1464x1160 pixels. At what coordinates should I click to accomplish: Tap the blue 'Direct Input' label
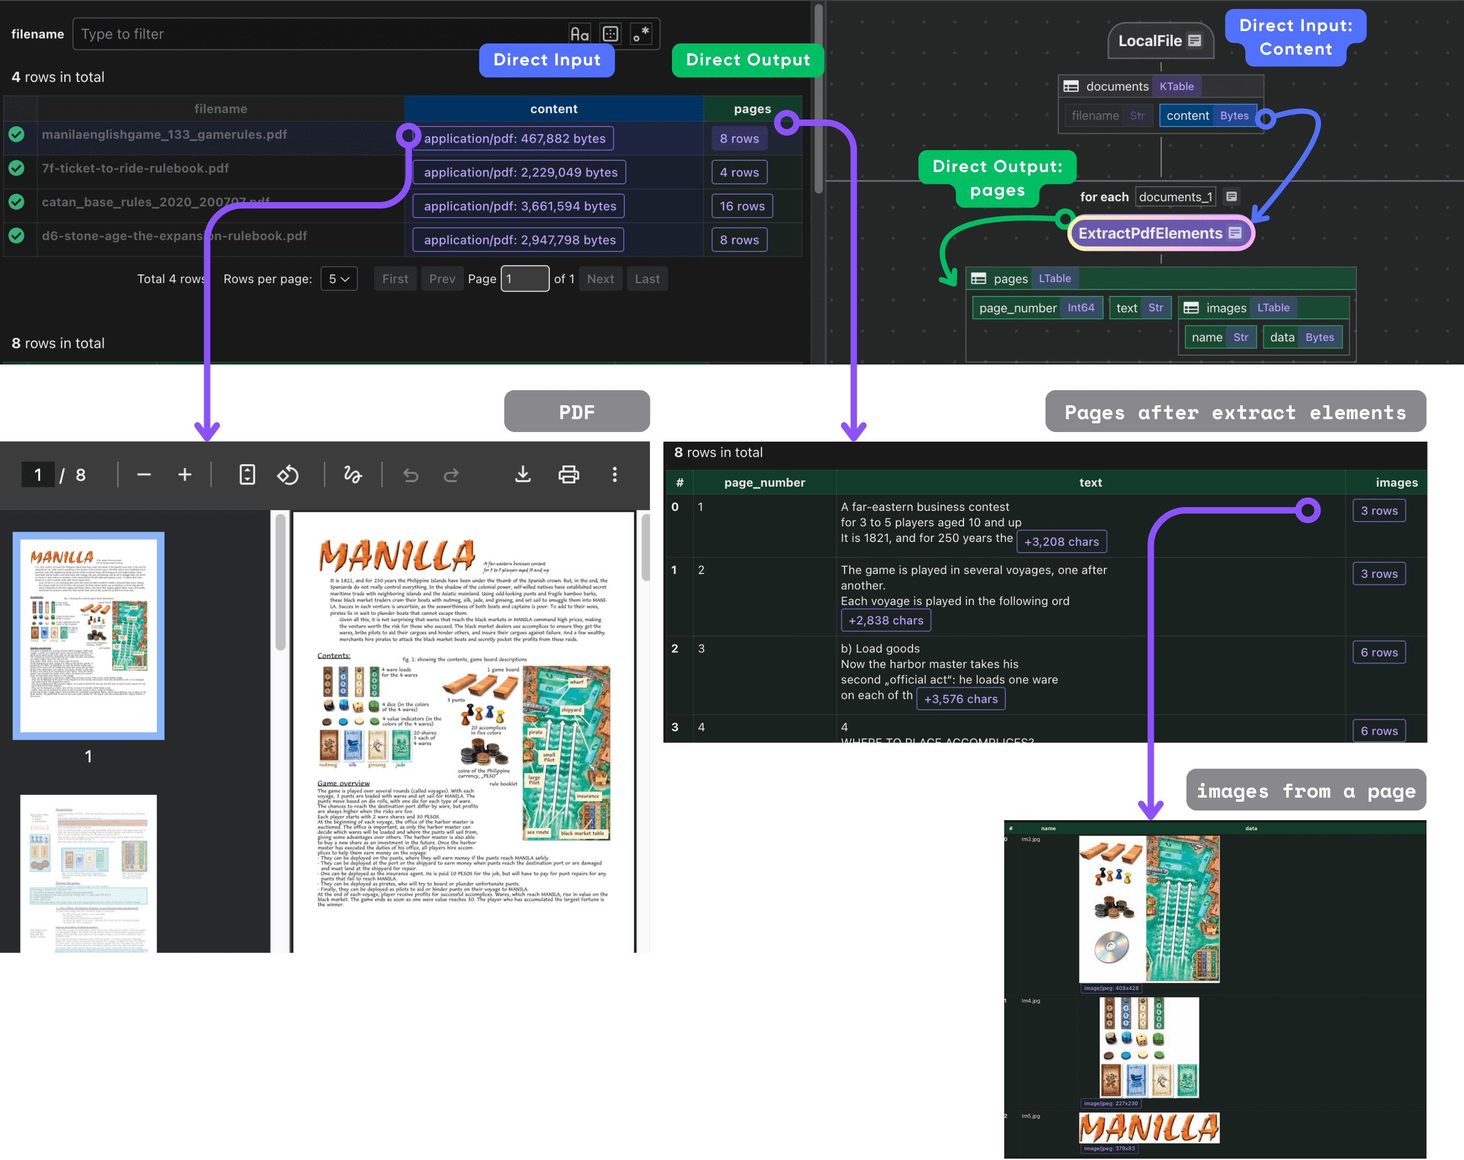(x=547, y=61)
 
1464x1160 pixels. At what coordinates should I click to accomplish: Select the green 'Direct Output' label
(x=748, y=61)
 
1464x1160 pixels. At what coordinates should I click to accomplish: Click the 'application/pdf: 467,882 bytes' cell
(x=514, y=138)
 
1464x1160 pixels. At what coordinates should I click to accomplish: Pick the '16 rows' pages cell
(x=742, y=206)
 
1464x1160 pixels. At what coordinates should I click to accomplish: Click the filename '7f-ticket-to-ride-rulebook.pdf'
(x=135, y=168)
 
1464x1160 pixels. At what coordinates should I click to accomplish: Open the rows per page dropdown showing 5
(x=339, y=279)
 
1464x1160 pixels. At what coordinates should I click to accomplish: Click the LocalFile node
(x=1159, y=41)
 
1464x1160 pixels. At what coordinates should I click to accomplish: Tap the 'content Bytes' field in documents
(x=1207, y=116)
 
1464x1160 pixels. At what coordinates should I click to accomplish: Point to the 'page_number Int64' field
(x=1036, y=308)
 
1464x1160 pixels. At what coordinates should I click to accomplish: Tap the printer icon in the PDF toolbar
(x=569, y=475)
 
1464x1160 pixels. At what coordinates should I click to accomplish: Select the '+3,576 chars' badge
(x=960, y=700)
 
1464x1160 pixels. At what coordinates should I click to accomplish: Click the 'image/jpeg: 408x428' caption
(x=1111, y=988)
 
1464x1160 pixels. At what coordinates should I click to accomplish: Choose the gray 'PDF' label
(x=577, y=412)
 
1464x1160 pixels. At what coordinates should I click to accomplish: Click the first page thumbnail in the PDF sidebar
(x=88, y=635)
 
